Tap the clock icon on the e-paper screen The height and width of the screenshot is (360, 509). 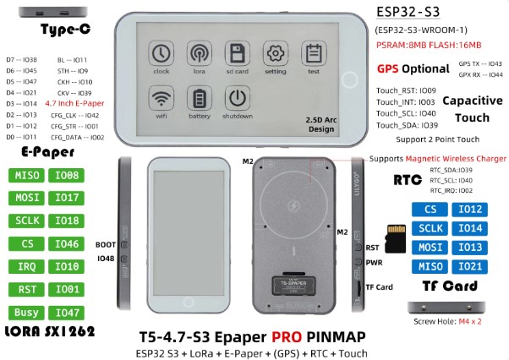pyautogui.click(x=161, y=55)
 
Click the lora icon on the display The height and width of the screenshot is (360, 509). pyautogui.click(x=200, y=55)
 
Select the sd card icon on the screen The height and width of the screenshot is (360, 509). pyautogui.click(x=238, y=55)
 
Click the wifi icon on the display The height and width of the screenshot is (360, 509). pyautogui.click(x=161, y=99)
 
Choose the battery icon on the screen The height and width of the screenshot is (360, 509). pyautogui.click(x=200, y=99)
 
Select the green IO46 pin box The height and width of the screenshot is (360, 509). pyautogui.click(x=68, y=243)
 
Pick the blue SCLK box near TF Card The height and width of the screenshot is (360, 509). pyautogui.click(x=430, y=228)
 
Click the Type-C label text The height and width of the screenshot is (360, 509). pyautogui.click(x=65, y=30)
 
